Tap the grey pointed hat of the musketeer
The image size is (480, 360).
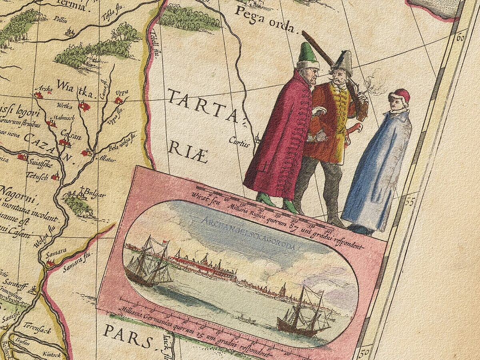[343, 62]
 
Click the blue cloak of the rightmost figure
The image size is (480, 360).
[378, 172]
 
